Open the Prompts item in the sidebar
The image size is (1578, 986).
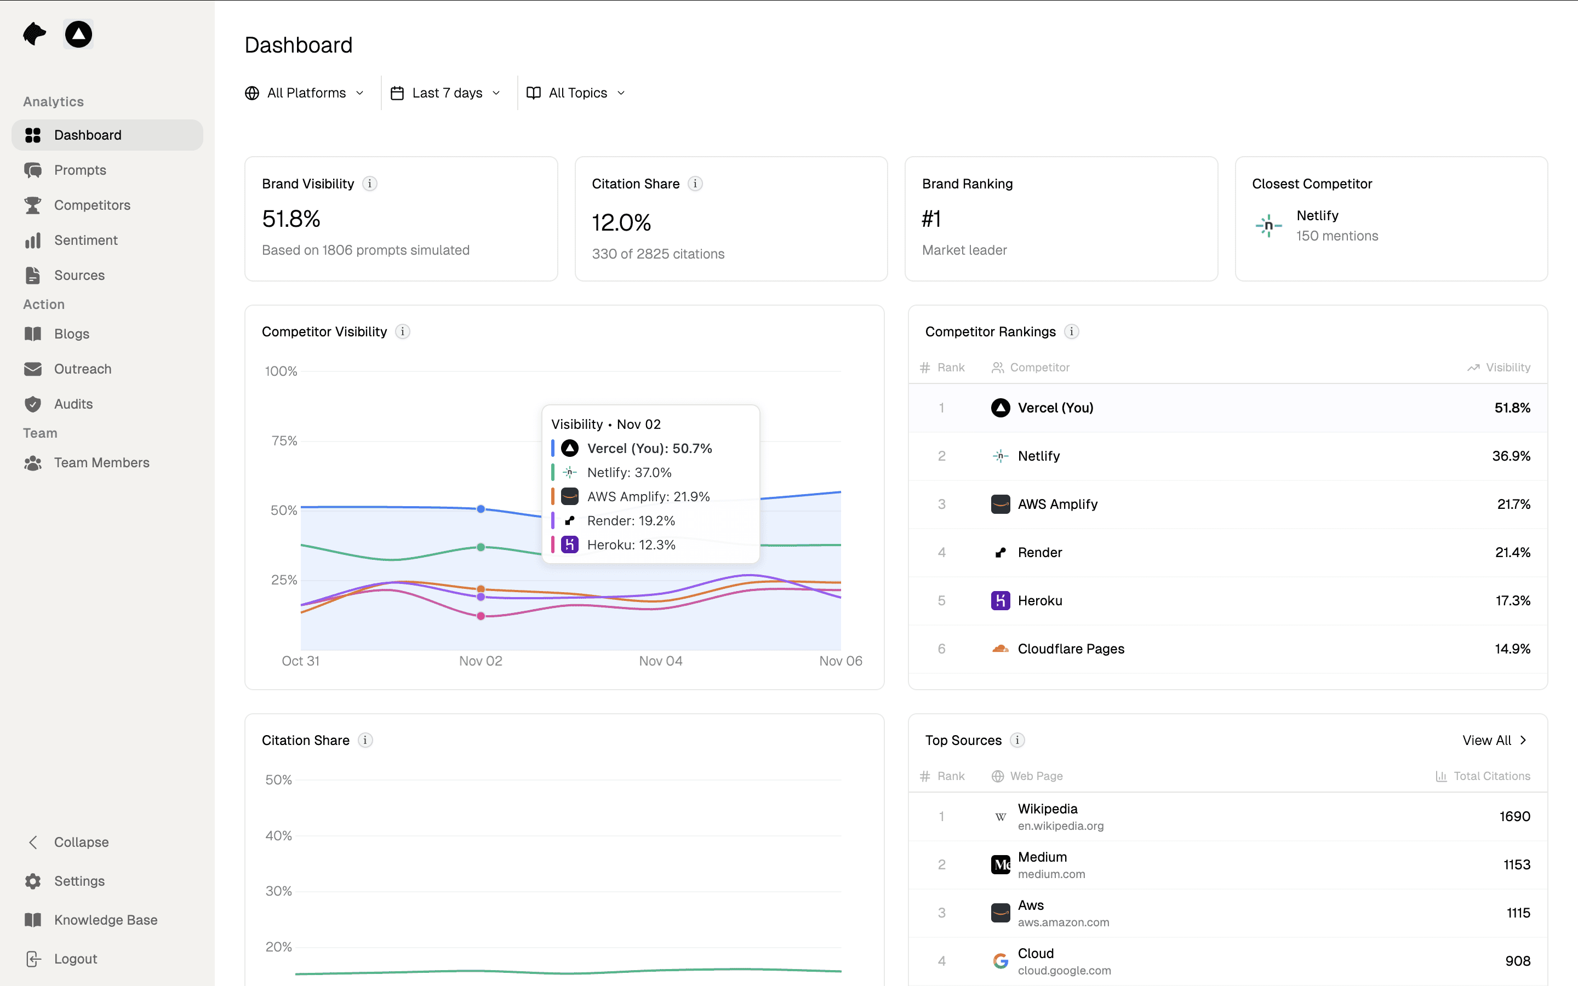coord(79,170)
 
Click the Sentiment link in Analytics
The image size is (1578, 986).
coord(85,240)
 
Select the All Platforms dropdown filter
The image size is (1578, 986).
coord(305,93)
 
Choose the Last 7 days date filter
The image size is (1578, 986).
coord(446,93)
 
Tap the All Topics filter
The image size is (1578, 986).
coord(576,93)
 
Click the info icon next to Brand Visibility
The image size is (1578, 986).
coord(370,184)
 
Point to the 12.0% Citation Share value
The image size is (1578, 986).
coord(621,222)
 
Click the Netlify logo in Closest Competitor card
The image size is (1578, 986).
coord(1268,226)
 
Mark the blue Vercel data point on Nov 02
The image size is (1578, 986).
coord(481,509)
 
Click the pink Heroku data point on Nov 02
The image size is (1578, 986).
coord(481,616)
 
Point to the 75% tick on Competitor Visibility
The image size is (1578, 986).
coord(284,441)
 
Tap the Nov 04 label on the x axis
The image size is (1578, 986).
coord(661,661)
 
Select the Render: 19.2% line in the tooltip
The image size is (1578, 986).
coord(630,520)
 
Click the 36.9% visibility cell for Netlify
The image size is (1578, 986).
coord(1510,456)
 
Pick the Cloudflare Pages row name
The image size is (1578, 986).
coord(1071,649)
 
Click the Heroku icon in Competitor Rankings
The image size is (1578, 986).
coord(1000,600)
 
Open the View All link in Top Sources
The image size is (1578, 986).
coord(1493,740)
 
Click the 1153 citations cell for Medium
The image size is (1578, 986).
coord(1516,865)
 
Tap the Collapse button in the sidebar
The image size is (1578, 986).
coord(81,842)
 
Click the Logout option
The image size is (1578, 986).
coord(75,959)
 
